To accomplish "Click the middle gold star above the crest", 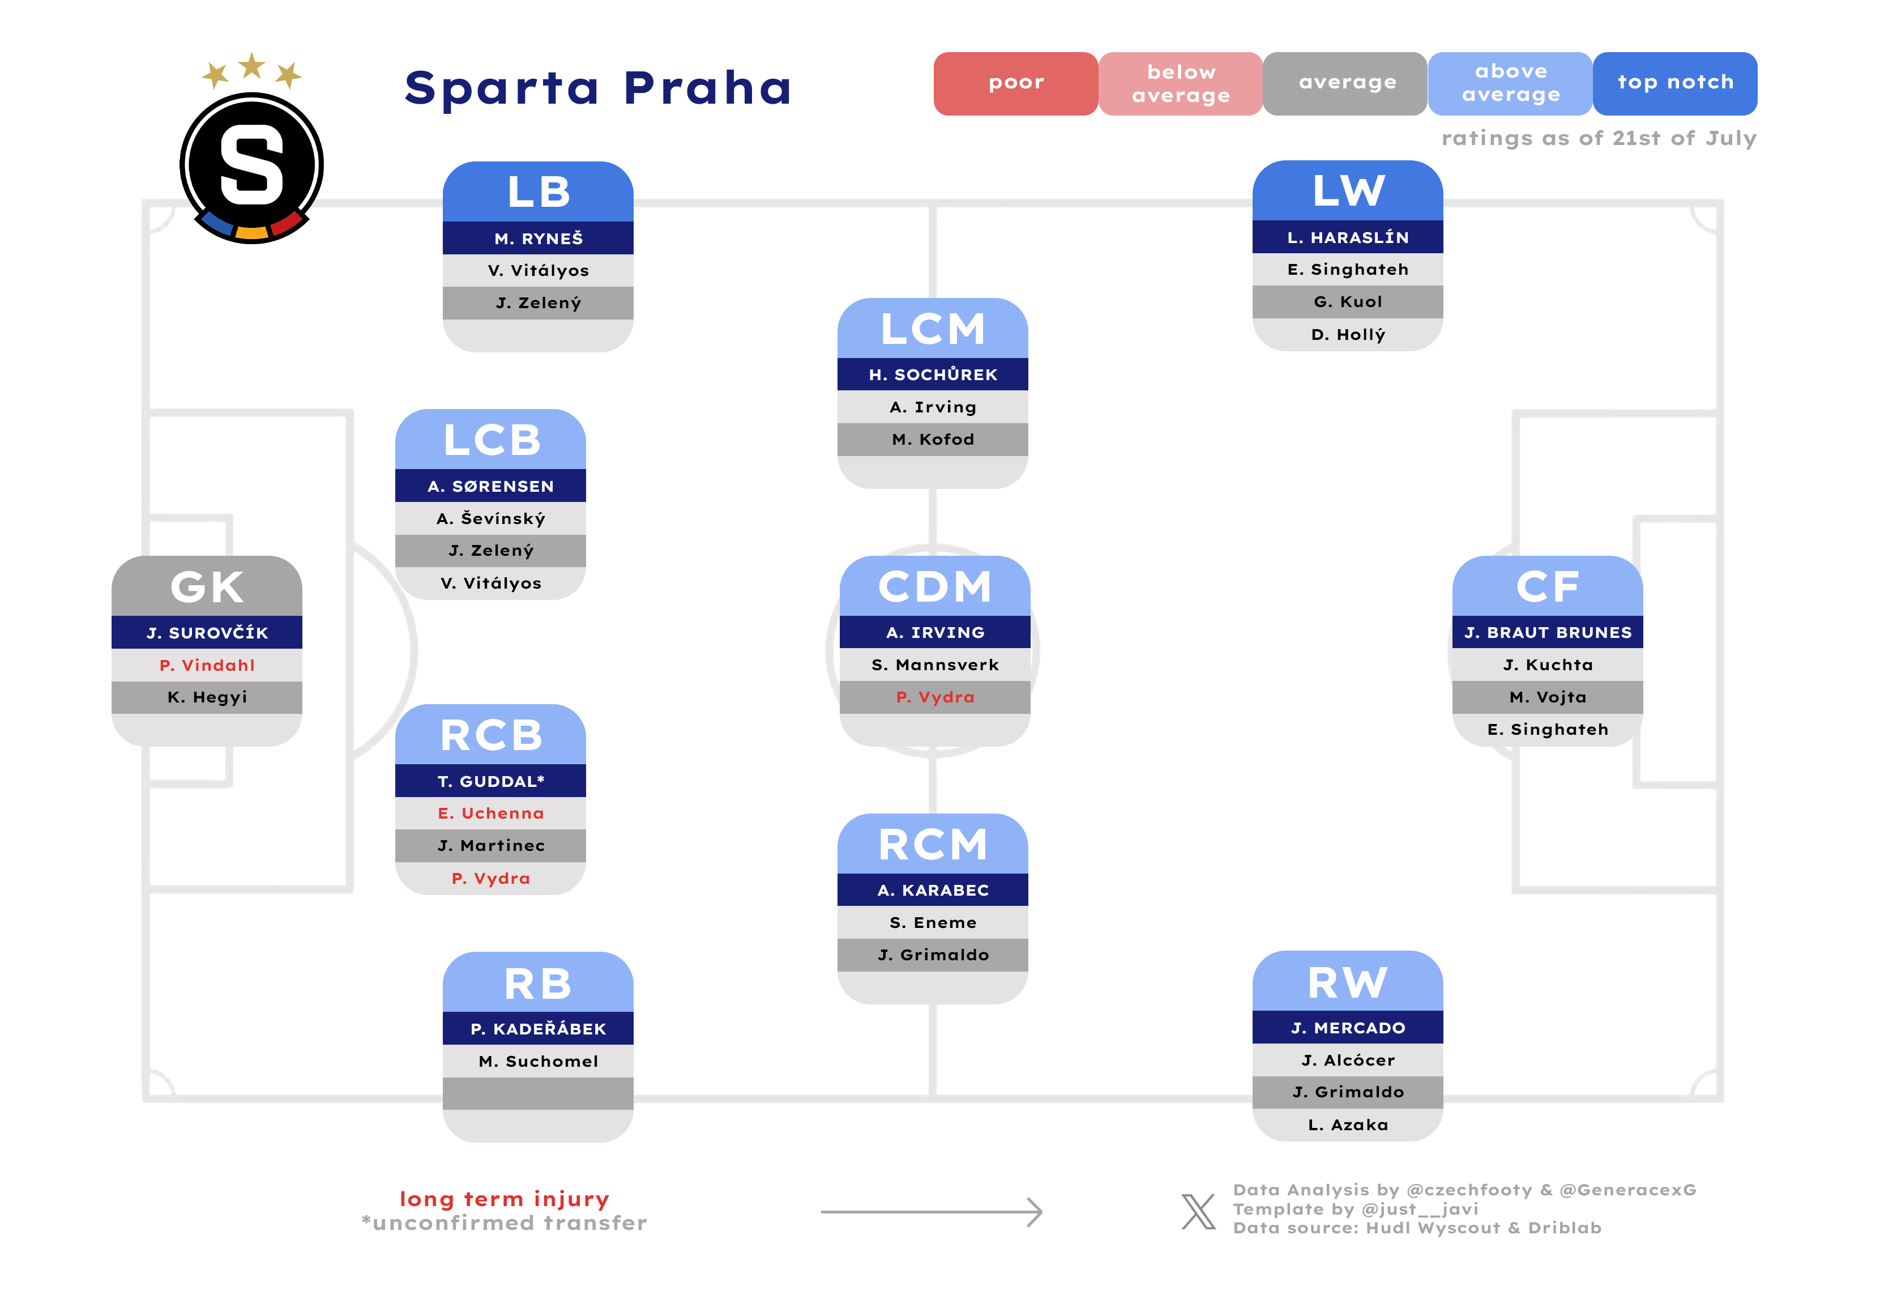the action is pyautogui.click(x=251, y=65).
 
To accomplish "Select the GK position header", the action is pyautogui.click(x=207, y=586).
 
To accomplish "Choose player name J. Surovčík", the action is pyautogui.click(x=207, y=633).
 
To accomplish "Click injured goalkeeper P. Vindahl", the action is pyautogui.click(x=207, y=665).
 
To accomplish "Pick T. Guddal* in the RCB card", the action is pyautogui.click(x=490, y=781).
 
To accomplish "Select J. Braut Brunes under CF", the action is pyautogui.click(x=1548, y=633).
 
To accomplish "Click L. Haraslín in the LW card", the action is pyautogui.click(x=1348, y=237).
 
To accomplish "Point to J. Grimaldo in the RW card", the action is pyautogui.click(x=1348, y=1092).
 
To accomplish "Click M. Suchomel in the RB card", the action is pyautogui.click(x=538, y=1061).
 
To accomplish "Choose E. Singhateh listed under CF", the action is pyautogui.click(x=1548, y=730).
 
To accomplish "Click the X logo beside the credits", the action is pyautogui.click(x=1198, y=1212).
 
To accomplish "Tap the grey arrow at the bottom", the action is pyautogui.click(x=932, y=1212).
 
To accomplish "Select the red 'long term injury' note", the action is pyautogui.click(x=505, y=1199).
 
